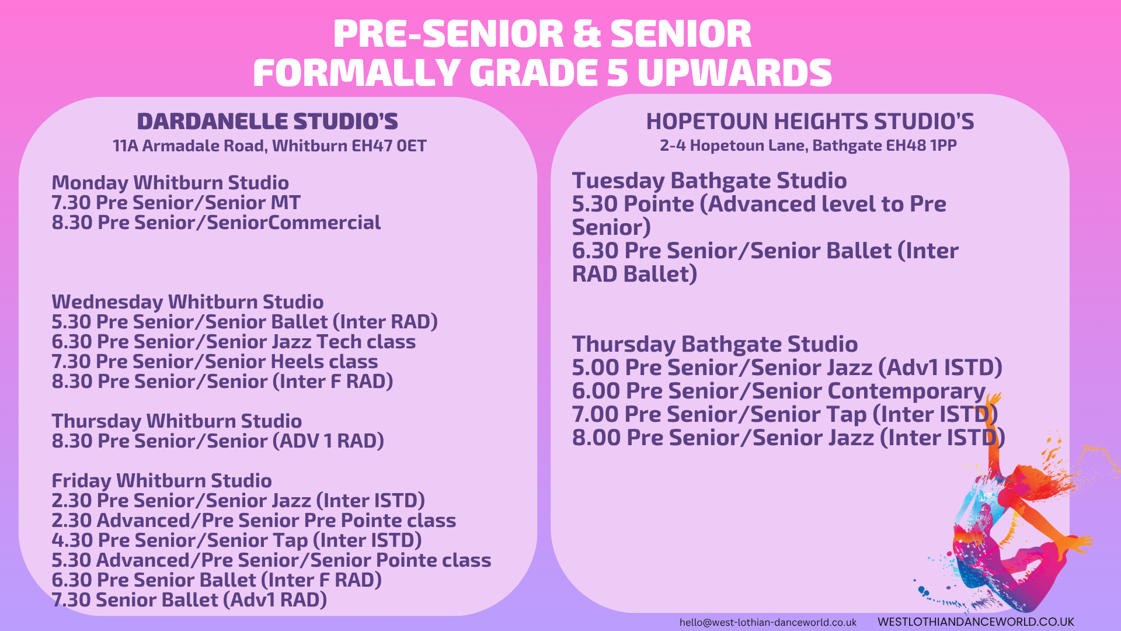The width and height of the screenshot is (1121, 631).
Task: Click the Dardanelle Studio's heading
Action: point(267,122)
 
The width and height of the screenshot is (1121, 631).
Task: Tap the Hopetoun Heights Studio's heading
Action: point(810,122)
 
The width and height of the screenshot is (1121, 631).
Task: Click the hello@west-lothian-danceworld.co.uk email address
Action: point(768,622)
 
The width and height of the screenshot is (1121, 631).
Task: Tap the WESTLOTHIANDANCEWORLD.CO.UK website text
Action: point(976,622)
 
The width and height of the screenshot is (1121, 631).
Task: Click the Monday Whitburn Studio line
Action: point(170,183)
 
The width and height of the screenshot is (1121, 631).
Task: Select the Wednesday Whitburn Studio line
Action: point(187,302)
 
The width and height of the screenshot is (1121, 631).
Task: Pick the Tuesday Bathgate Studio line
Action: point(709,181)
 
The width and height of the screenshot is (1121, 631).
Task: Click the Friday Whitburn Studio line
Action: point(162,481)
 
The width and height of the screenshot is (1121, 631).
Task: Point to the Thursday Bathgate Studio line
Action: point(715,344)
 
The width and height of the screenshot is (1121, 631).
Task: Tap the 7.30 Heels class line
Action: point(215,362)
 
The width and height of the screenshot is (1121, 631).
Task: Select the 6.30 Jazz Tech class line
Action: point(234,342)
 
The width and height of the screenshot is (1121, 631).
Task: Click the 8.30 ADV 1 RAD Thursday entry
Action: point(218,441)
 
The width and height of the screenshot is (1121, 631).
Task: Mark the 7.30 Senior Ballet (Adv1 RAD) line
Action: point(189,600)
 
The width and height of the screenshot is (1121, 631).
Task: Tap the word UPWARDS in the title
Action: point(734,73)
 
